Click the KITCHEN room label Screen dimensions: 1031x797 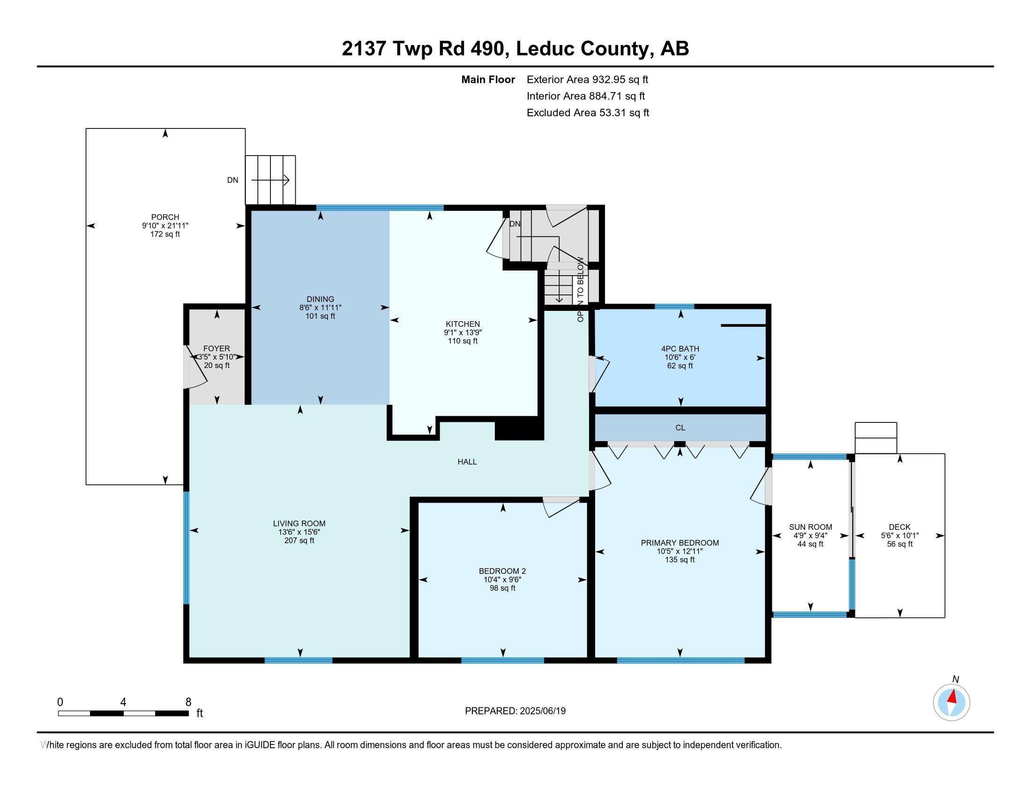(x=463, y=324)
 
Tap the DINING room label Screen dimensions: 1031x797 (x=320, y=299)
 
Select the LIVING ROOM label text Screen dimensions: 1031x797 (x=299, y=523)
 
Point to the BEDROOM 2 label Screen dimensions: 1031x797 (x=502, y=571)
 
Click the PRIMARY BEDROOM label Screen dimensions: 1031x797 (x=680, y=542)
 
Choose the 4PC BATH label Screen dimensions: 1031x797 (x=680, y=348)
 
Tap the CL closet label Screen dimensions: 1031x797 (x=680, y=427)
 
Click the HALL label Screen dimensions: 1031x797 (x=467, y=461)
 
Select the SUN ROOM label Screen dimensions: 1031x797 (x=811, y=527)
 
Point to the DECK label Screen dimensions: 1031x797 (x=900, y=527)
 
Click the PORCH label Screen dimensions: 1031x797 (x=165, y=217)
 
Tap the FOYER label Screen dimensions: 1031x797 (x=217, y=348)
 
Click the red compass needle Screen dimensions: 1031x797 (x=953, y=696)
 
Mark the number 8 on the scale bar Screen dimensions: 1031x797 (x=188, y=702)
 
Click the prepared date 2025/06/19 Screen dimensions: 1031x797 (x=542, y=711)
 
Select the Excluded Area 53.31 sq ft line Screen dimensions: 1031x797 (x=588, y=113)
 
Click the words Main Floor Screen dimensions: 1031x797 (x=488, y=79)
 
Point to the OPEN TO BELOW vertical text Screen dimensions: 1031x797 (x=581, y=289)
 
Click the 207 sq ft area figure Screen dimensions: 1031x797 (x=299, y=540)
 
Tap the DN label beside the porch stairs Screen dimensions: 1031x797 (x=233, y=180)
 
